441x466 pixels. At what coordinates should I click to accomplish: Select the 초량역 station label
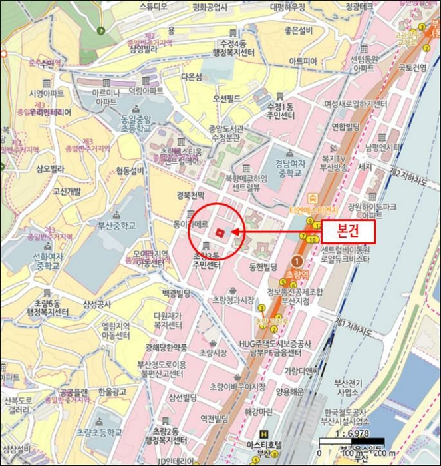[x=293, y=273]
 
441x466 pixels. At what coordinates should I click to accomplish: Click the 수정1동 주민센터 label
[x=279, y=111]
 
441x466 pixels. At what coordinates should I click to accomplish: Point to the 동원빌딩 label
[x=263, y=266]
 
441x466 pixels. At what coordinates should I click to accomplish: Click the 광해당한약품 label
[x=164, y=348]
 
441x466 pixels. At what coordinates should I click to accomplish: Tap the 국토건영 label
[x=412, y=67]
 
